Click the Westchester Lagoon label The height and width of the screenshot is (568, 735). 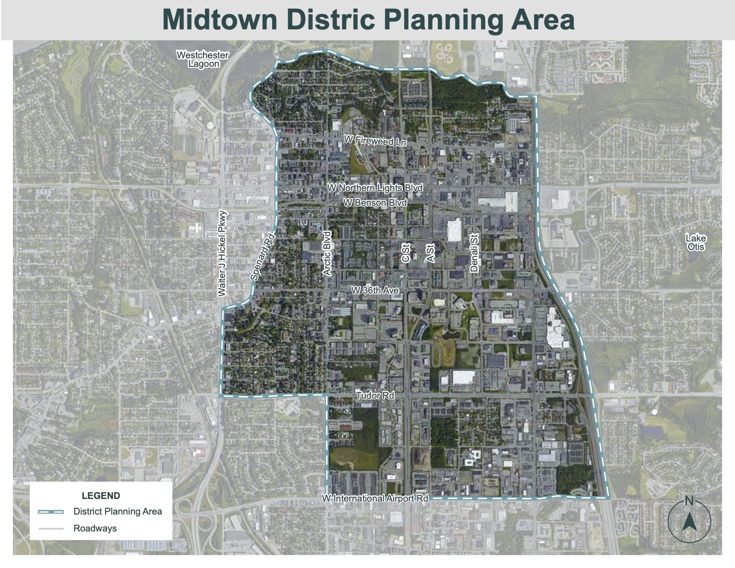pos(203,59)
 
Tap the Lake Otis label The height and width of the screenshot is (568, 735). pos(696,242)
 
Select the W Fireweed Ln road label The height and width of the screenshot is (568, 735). pos(375,141)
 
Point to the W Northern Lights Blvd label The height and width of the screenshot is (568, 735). pos(375,188)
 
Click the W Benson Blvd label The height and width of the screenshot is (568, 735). pos(375,203)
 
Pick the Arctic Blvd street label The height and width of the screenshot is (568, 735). pos(327,253)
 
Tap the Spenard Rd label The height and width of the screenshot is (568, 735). pos(262,257)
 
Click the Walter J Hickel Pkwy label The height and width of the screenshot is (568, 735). pos(222,253)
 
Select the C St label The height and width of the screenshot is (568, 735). pos(405,253)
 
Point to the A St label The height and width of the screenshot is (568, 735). pos(430,253)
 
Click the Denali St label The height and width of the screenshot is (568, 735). pos(474,253)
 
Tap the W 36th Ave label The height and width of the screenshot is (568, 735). pos(375,290)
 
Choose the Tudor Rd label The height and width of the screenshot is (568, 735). pos(375,395)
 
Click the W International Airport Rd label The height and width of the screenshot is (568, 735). pos(375,498)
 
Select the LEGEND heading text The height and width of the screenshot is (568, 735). pos(101,496)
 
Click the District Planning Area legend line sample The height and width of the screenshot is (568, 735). pos(51,512)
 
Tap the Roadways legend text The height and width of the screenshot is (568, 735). pos(95,529)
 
